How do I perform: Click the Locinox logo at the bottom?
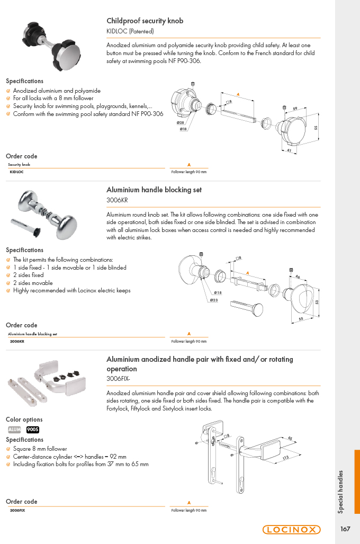[291, 529]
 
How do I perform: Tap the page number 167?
[345, 529]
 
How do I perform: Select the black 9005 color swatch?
[33, 430]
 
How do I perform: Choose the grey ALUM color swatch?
[15, 430]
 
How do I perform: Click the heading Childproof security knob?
[145, 21]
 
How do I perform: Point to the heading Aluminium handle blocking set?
[154, 190]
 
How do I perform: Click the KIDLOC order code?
[16, 172]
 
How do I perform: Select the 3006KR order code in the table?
[17, 341]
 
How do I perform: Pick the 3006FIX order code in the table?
[17, 510]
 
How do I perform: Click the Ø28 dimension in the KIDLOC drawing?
[181, 122]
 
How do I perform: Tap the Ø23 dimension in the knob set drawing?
[214, 300]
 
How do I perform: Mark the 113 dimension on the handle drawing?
[285, 458]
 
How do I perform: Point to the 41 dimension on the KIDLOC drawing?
[289, 150]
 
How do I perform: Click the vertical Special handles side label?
[340, 492]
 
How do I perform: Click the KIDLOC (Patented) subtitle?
[130, 31]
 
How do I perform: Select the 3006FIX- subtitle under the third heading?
[118, 379]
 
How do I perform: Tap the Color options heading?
[24, 420]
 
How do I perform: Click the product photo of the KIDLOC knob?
[52, 46]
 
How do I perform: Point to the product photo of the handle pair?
[47, 382]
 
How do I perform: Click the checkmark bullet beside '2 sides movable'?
[8, 283]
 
